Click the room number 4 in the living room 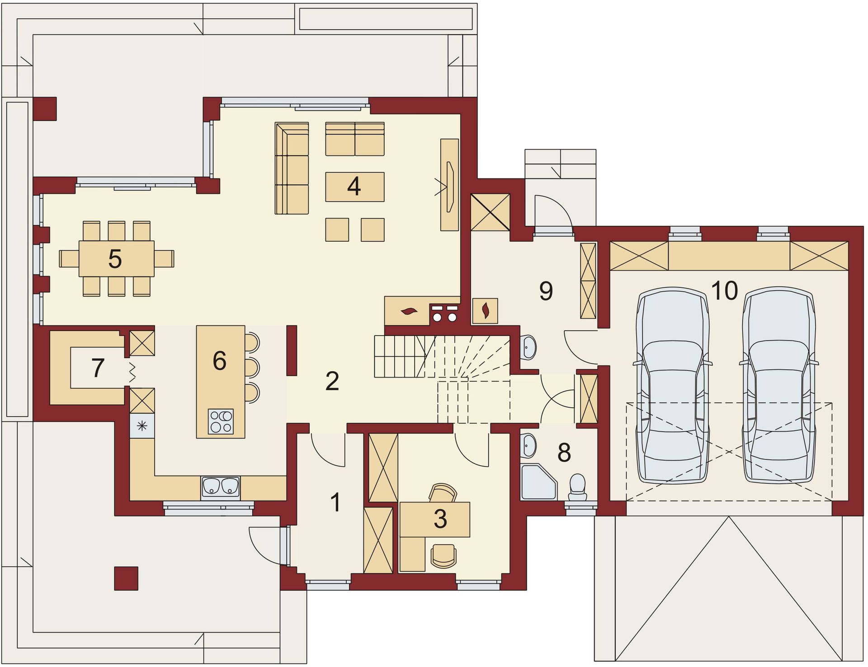pos(354,186)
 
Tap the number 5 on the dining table pos(115,259)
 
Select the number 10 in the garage pos(724,290)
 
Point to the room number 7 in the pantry pos(98,368)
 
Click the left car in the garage pos(672,385)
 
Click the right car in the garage pos(778,385)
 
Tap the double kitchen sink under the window pos(221,487)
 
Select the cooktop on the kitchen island pos(221,421)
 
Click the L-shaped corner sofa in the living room pos(292,168)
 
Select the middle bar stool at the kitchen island pos(252,367)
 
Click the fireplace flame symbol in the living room pos(410,311)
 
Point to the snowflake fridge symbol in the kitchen pos(142,425)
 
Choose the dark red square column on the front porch pos(126,578)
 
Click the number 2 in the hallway pos(332,382)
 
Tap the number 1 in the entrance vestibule pos(335,503)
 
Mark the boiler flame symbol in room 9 pos(485,311)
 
